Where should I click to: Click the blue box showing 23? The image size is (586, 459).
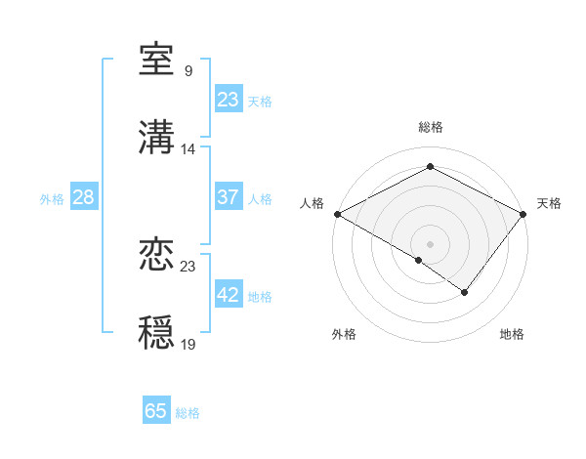[228, 100]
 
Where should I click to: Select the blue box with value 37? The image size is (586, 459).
[228, 197]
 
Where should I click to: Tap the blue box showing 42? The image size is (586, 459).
[228, 295]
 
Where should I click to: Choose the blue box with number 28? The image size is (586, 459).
[83, 197]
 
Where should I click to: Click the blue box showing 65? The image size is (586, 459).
[156, 411]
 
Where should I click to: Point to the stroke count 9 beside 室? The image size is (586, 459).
[188, 71]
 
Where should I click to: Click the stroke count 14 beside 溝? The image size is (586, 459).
[188, 149]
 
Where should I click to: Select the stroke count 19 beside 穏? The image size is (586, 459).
[188, 344]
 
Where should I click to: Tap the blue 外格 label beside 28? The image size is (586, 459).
[52, 198]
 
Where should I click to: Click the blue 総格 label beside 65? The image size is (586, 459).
[188, 413]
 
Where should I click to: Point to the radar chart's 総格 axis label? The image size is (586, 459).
[430, 127]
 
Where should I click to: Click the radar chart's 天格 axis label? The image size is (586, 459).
[549, 203]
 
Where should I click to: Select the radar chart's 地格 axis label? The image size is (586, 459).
[512, 334]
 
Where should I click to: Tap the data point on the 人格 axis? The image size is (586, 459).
[336, 214]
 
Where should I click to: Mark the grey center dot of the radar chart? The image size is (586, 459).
[430, 243]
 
